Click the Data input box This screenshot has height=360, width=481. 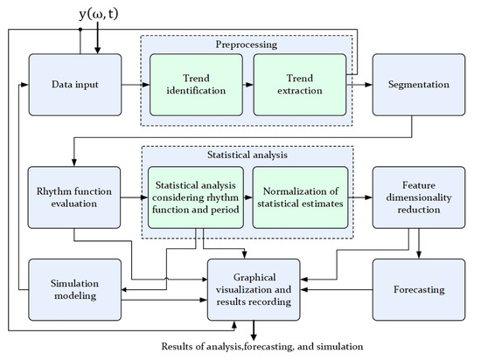(73, 85)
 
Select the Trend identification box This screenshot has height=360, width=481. (195, 86)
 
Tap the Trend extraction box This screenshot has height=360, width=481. (297, 86)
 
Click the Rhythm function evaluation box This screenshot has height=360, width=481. (73, 197)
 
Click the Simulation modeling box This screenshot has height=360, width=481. (73, 289)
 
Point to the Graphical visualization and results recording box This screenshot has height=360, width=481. (254, 289)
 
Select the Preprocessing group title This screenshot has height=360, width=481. (247, 45)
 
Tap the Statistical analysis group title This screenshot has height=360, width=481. (247, 155)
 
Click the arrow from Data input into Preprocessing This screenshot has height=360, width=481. (131, 86)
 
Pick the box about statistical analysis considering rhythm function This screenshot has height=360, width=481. (195, 197)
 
